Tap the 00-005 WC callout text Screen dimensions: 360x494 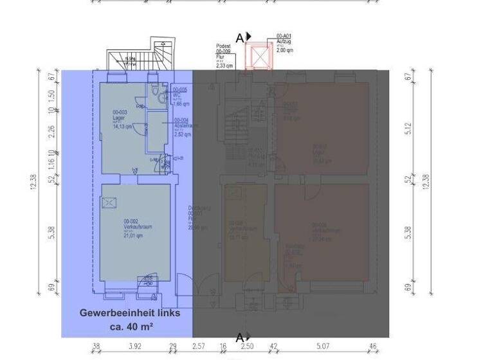click(180, 96)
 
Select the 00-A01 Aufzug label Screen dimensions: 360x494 click(284, 42)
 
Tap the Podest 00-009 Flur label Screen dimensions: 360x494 click(224, 56)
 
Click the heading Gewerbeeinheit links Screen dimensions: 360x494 click(130, 313)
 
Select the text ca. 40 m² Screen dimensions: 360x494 click(129, 327)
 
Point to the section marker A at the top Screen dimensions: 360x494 click(240, 38)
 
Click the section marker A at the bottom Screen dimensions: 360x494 click(240, 337)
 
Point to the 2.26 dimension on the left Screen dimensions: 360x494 click(52, 131)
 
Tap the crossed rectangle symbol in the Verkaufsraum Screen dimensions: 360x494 click(110, 203)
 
